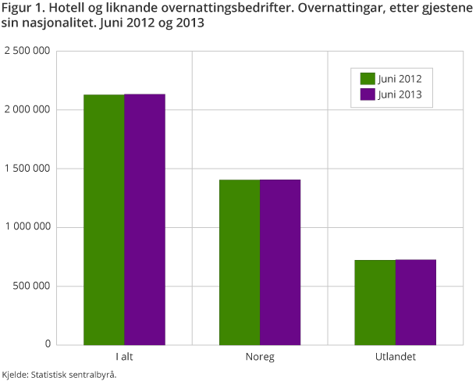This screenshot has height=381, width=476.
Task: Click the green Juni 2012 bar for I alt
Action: coord(104,219)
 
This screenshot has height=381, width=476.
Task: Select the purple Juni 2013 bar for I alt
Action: coord(144,219)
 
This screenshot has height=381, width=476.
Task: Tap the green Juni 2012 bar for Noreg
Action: coord(240,262)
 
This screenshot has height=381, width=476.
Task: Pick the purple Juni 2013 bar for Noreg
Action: coord(280,262)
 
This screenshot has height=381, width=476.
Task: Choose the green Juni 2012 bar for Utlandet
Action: coord(375,302)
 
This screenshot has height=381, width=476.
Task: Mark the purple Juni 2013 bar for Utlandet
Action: coord(416,302)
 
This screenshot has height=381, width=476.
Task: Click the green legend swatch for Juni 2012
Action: coord(368,78)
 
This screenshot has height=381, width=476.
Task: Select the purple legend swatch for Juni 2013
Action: coord(368,94)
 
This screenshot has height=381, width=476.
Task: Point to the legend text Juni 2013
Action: coord(400,94)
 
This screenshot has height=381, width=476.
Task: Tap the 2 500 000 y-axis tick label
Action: coord(27,52)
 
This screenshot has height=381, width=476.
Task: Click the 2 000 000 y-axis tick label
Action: coord(27,110)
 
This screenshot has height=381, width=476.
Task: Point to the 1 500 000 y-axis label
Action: coord(27,169)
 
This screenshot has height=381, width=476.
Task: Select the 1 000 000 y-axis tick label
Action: coord(27,227)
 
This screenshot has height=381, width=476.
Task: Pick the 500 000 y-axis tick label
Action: coord(34,286)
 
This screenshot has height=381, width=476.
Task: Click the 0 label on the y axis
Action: coord(48,344)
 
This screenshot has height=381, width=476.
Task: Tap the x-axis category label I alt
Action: coord(124,357)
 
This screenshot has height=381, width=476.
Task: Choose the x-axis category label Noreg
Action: coord(260,357)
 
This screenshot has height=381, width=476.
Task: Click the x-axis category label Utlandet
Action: coord(396,357)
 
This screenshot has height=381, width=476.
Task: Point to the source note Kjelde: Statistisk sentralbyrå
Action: coord(59,375)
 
